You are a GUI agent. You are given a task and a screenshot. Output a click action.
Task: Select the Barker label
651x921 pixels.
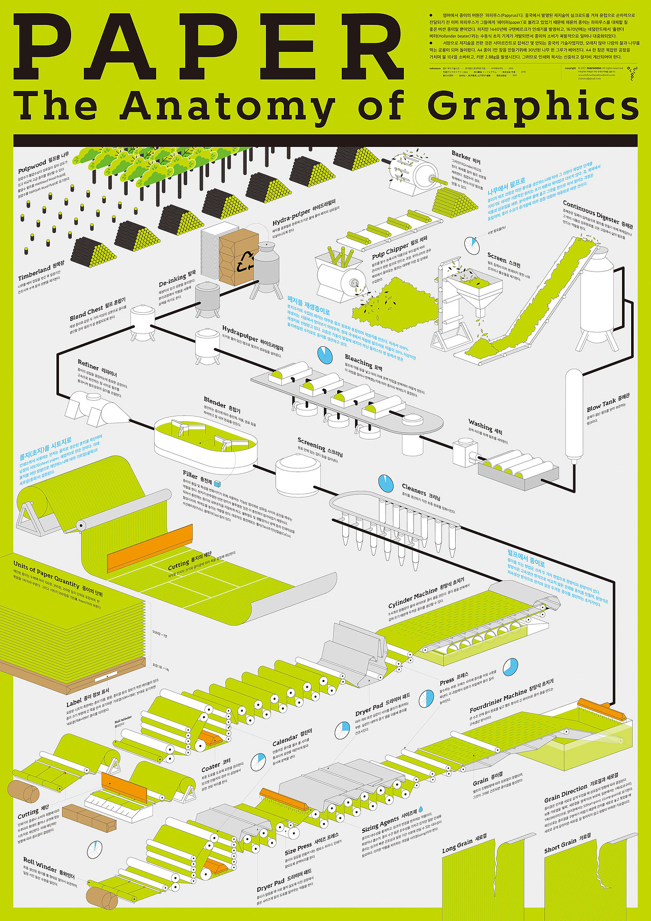461,155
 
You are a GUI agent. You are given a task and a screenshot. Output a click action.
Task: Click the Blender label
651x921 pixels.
215,402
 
